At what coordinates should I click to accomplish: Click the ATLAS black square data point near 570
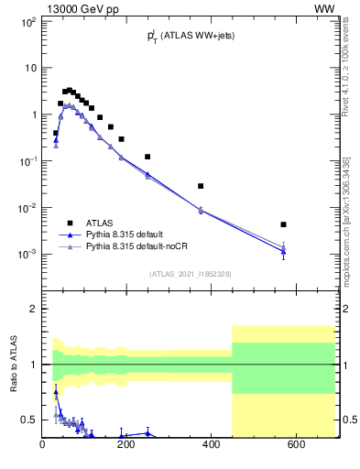click(284, 224)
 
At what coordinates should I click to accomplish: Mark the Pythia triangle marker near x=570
click(284, 250)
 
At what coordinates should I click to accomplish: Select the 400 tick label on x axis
click(211, 445)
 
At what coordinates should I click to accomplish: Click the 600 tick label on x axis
click(295, 445)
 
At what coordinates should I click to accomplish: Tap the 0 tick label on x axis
click(42, 445)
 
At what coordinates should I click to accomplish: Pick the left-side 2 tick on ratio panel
click(34, 309)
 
